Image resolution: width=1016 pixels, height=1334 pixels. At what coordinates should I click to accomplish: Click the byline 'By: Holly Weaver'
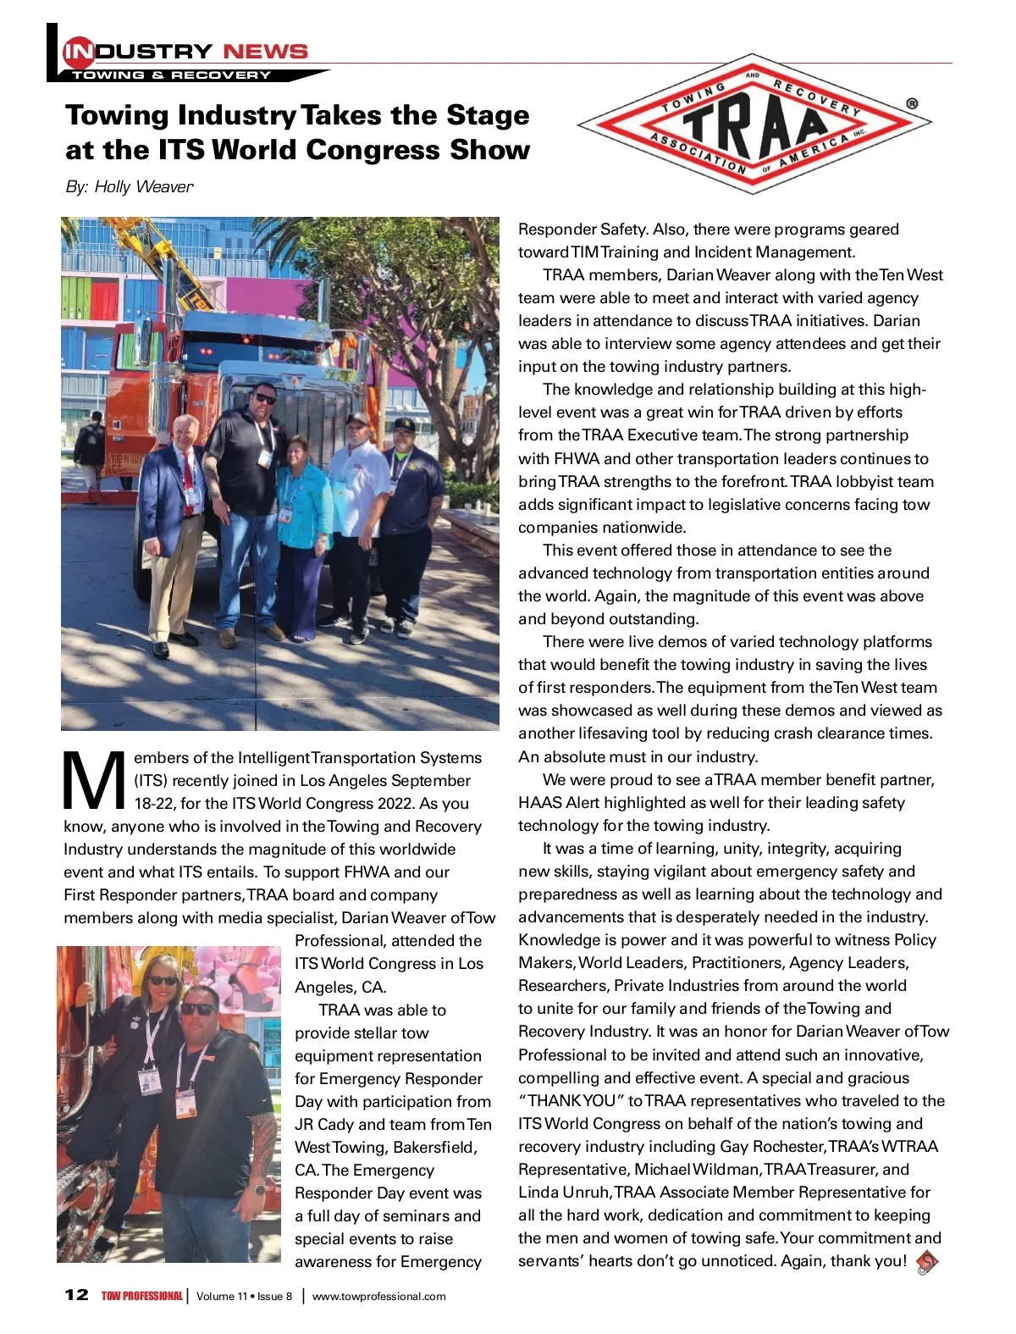[x=129, y=186]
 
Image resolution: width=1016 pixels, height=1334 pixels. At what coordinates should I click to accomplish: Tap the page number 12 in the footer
[x=76, y=1295]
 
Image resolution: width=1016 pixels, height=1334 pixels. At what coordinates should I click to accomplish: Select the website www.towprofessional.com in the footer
[x=378, y=1296]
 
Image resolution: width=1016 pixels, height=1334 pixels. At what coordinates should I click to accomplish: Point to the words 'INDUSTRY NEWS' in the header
[x=186, y=52]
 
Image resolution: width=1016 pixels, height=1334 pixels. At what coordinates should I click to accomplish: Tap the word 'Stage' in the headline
[x=488, y=114]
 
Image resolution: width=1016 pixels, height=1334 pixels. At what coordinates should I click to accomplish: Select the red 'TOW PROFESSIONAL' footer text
[x=141, y=1296]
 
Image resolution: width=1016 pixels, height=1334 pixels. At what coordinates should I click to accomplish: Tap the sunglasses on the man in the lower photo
[x=198, y=1009]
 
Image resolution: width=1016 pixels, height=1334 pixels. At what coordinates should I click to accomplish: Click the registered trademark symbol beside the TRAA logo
[x=911, y=104]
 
